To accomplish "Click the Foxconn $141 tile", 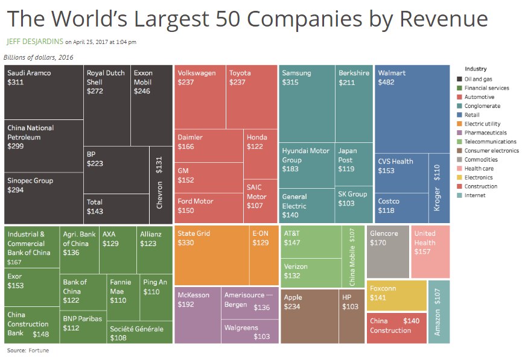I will tap(396, 295).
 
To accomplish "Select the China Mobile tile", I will tap(352, 256).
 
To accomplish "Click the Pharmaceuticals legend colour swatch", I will tap(460, 133).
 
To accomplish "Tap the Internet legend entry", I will tap(474, 195).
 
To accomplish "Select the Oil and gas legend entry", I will tap(477, 79).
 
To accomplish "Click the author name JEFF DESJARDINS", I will tap(34, 42).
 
